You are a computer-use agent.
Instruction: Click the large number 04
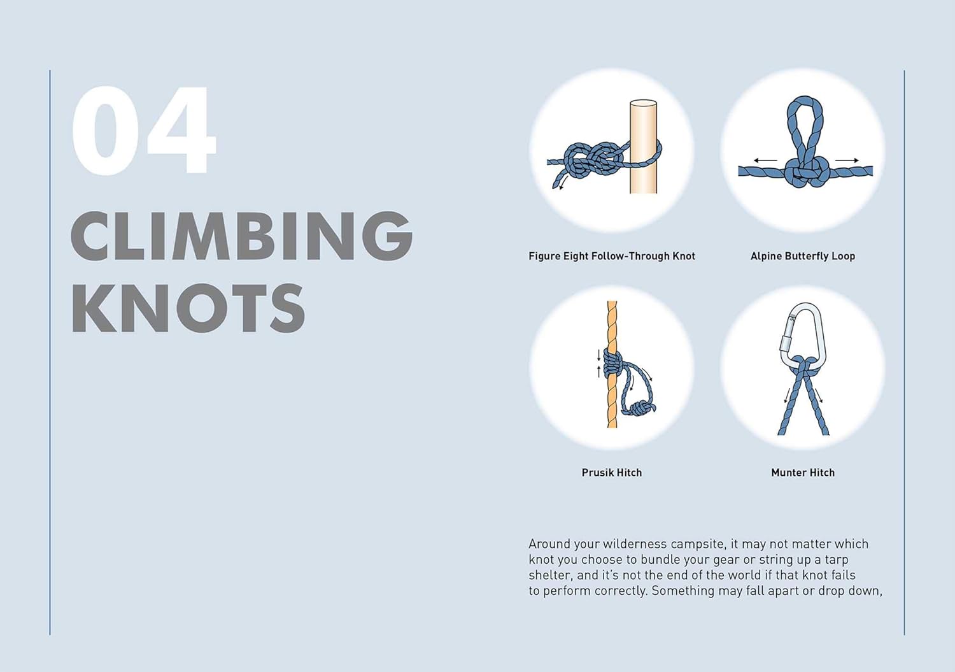pos(144,130)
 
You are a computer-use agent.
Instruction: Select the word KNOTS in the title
pos(188,308)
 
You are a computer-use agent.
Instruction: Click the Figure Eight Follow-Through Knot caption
pos(612,256)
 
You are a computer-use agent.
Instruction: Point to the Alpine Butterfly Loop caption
pos(803,256)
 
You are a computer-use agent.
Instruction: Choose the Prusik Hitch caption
pos(612,473)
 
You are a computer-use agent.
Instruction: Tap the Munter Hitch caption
pos(803,473)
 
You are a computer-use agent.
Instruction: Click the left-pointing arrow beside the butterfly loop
pos(766,161)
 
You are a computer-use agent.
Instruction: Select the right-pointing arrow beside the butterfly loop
pos(847,161)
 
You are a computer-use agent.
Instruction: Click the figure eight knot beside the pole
pos(590,159)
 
